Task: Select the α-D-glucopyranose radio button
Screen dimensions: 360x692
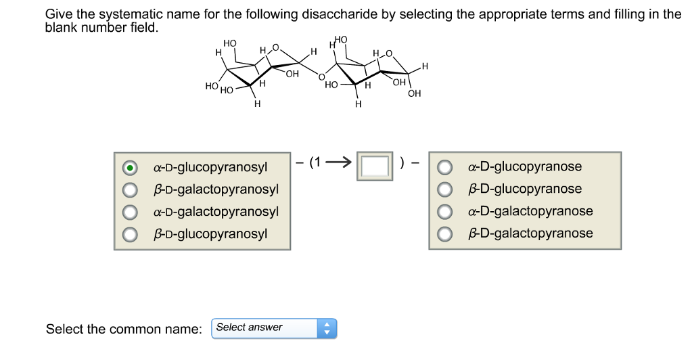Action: [445, 167]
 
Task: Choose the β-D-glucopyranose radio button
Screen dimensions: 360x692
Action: [445, 189]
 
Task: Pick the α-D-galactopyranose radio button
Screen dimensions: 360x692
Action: [445, 212]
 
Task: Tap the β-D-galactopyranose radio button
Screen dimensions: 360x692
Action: [445, 234]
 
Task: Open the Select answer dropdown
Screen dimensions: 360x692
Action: [273, 328]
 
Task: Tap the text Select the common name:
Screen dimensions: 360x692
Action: [124, 329]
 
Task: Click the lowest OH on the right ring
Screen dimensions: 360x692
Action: [415, 94]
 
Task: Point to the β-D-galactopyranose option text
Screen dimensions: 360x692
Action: [530, 233]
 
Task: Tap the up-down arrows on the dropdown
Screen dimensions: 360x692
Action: [327, 328]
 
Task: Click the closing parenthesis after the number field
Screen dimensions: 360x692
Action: [403, 163]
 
